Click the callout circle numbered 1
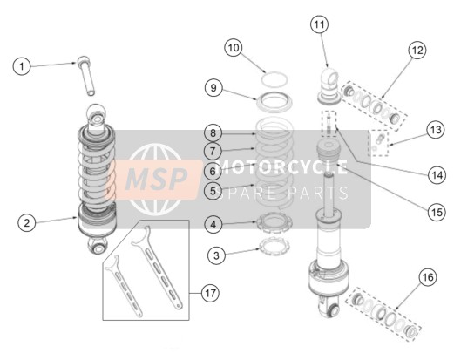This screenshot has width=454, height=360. [22, 66]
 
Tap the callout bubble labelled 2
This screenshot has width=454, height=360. [27, 223]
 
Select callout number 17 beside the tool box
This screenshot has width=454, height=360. [210, 293]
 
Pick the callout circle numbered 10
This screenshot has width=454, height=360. [234, 48]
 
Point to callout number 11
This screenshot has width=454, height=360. [319, 24]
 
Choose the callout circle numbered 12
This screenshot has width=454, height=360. [417, 51]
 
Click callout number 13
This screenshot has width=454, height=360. [436, 130]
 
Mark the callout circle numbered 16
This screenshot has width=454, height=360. [428, 277]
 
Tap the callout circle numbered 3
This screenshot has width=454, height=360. [216, 255]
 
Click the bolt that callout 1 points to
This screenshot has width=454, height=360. [86, 76]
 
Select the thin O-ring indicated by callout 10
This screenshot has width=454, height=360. [274, 79]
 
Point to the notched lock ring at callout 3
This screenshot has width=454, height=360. [274, 246]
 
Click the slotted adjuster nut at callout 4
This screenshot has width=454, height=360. [274, 222]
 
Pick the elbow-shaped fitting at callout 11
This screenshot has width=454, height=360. [329, 85]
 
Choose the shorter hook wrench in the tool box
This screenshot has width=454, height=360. [124, 286]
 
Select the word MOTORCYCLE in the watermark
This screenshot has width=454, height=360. [282, 167]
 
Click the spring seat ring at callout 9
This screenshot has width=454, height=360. [274, 101]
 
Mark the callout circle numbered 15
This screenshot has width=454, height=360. [437, 213]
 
